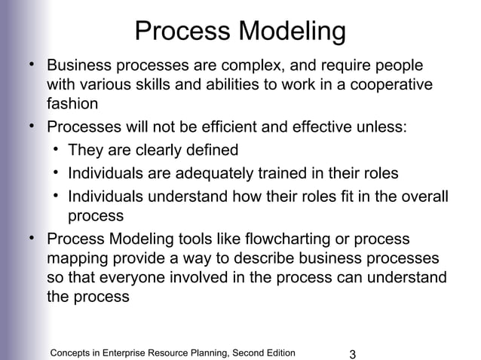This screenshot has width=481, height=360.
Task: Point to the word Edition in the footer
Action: (276, 352)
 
